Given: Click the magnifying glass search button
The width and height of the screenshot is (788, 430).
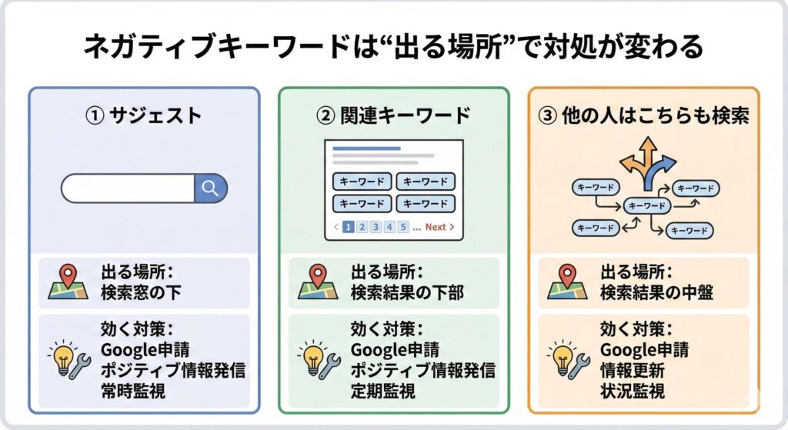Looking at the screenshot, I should [210, 188].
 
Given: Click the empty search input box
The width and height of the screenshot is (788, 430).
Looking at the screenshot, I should [128, 188].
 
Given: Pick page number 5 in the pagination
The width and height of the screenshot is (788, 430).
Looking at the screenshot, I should [403, 227].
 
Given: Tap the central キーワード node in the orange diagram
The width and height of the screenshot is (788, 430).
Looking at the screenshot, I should [646, 205].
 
